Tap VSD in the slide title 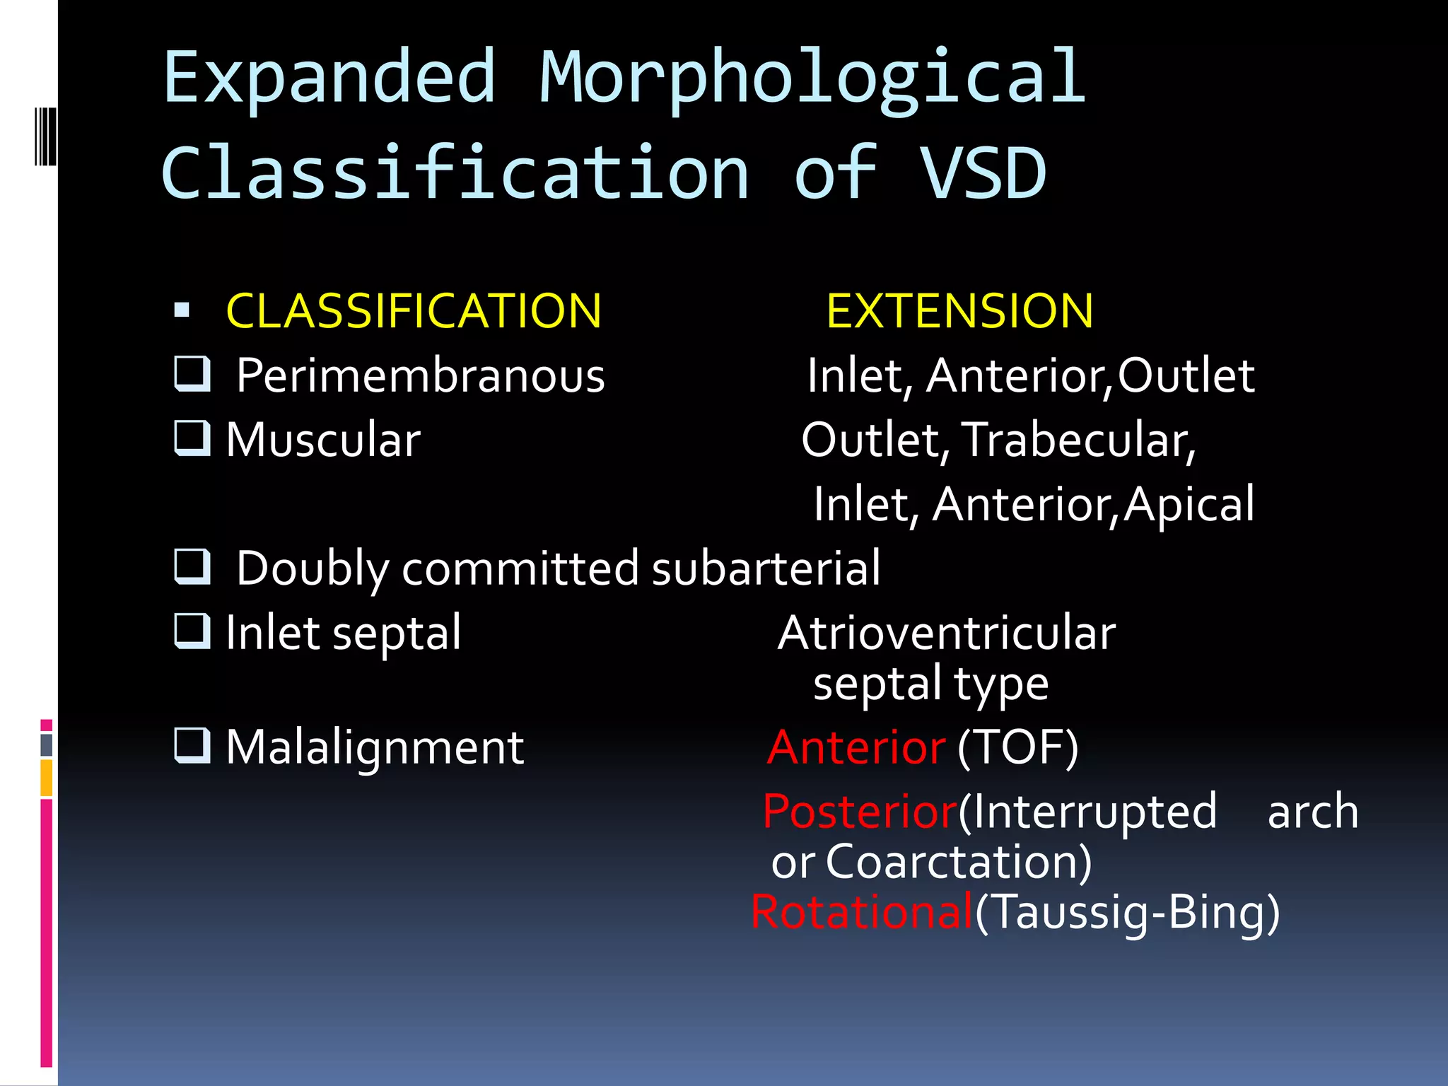[x=983, y=173]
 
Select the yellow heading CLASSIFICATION [x=414, y=311]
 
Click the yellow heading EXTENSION [x=959, y=311]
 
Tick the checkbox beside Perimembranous [x=192, y=374]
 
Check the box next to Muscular [x=192, y=438]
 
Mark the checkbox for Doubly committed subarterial [x=192, y=566]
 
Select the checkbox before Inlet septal [x=192, y=631]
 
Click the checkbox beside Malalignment [x=192, y=746]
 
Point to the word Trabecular [x=1078, y=440]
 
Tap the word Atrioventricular [x=947, y=632]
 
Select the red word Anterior [x=856, y=747]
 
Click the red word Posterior [x=860, y=812]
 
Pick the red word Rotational [x=861, y=912]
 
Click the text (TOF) [x=1017, y=747]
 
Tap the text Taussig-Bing [x=1128, y=912]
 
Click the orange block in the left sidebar [x=47, y=778]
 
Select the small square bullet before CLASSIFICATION [x=182, y=310]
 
